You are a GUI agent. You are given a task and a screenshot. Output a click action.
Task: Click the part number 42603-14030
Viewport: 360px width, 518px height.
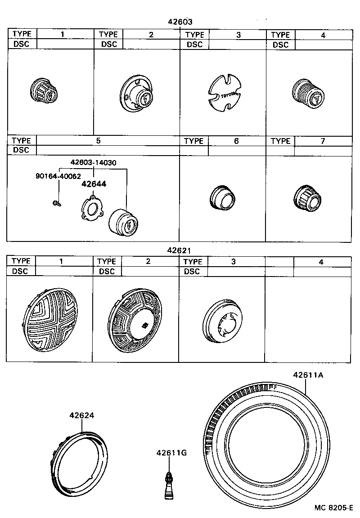(x=94, y=163)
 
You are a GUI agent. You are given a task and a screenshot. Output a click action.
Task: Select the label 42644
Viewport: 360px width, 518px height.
(x=94, y=184)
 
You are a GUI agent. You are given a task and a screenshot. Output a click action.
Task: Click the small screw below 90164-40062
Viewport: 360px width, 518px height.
(x=56, y=203)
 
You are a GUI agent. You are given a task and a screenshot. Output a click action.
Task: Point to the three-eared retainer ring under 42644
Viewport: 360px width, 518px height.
(x=93, y=210)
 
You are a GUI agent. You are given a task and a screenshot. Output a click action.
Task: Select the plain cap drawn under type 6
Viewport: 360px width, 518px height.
(x=222, y=197)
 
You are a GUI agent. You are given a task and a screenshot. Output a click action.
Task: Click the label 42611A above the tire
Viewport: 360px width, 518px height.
(x=308, y=375)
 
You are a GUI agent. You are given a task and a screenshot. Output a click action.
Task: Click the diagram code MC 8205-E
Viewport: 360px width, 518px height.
(x=333, y=508)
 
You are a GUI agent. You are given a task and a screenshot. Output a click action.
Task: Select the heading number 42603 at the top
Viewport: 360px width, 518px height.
(x=180, y=21)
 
